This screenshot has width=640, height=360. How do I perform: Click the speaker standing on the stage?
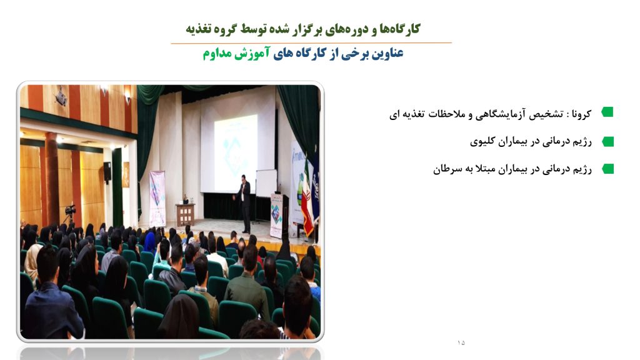pos(244,203)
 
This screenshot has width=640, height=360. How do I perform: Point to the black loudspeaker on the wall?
pos(107,172)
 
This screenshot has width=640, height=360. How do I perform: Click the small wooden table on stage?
pos(185,214)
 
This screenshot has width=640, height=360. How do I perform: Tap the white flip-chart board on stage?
pos(266,183)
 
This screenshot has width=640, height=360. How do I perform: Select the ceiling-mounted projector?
pos(61,97)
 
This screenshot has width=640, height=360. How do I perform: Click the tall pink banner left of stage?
pos(157,198)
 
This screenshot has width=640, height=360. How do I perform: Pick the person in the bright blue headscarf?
pos(150,242)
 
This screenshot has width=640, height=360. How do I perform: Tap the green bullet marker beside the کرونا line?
pos(607,112)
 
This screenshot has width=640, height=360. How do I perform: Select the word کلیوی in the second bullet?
pos(482,141)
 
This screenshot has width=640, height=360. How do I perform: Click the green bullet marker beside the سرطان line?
pos(607,169)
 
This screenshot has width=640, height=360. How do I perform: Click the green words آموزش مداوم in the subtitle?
pos(236,53)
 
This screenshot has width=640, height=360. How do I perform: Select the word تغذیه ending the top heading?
pos(198,29)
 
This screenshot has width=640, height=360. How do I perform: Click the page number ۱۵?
pos(461,342)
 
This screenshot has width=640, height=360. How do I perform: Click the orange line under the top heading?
pos(311,42)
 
